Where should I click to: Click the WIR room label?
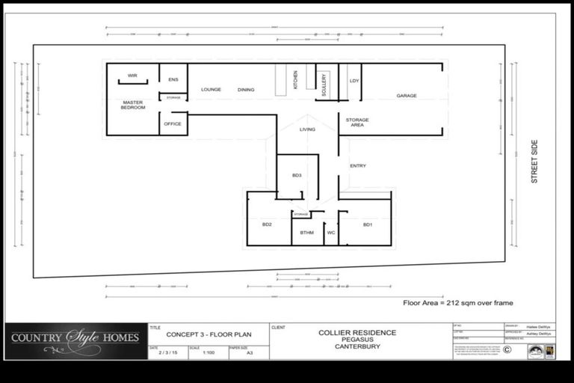[x=132, y=76]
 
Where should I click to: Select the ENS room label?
[x=173, y=79]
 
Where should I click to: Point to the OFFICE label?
[x=173, y=123]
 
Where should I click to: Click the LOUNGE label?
[x=211, y=90]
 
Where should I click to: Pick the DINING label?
[x=246, y=90]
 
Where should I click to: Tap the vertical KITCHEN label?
[x=296, y=80]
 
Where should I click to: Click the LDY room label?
[x=354, y=80]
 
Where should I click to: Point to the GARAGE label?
[x=407, y=96]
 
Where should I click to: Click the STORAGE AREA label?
[x=357, y=122]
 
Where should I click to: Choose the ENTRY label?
[x=358, y=165]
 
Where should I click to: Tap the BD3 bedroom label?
[x=297, y=175]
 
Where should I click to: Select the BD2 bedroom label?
[x=267, y=224]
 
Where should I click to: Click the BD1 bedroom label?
[x=368, y=224]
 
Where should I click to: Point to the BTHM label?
[x=307, y=233]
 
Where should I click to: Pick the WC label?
[x=331, y=233]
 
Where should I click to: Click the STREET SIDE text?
[x=534, y=162]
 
